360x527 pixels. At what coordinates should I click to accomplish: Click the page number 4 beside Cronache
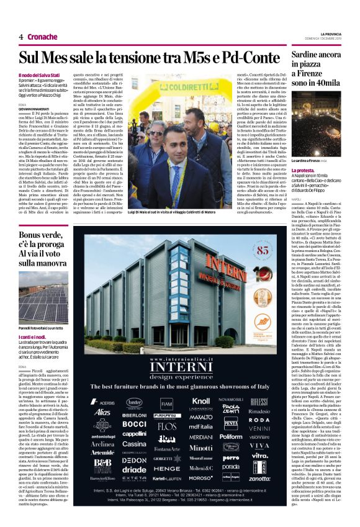(x=21, y=37)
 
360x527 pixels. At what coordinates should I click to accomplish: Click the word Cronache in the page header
(x=43, y=37)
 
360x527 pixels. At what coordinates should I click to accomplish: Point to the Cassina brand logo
(x=135, y=444)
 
